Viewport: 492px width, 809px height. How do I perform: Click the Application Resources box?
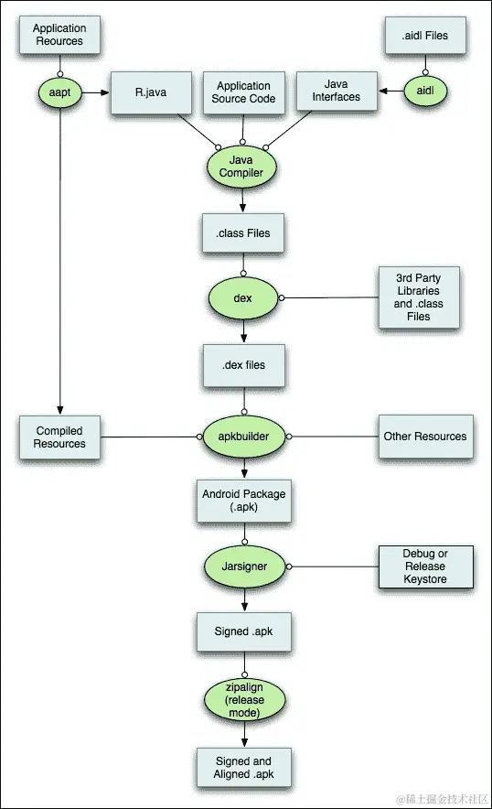click(59, 36)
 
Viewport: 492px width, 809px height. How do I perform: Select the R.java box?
click(151, 92)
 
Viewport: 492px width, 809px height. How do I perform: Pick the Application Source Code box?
click(242, 92)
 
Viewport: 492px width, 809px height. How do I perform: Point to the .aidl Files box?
click(424, 36)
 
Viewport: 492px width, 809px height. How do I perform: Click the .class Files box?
click(242, 233)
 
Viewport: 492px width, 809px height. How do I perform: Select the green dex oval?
click(242, 298)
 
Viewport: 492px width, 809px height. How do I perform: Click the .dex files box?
click(242, 365)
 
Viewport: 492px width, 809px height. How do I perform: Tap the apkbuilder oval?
click(242, 437)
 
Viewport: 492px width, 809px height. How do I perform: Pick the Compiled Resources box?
click(60, 437)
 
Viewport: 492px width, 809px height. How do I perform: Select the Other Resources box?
click(424, 437)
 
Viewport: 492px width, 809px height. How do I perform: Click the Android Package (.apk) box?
click(242, 501)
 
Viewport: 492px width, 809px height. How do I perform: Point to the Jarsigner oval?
click(242, 566)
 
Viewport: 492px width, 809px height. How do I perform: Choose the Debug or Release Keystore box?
click(424, 566)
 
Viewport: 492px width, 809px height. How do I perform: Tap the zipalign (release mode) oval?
click(242, 698)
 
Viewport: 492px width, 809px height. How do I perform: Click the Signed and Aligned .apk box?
click(242, 768)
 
